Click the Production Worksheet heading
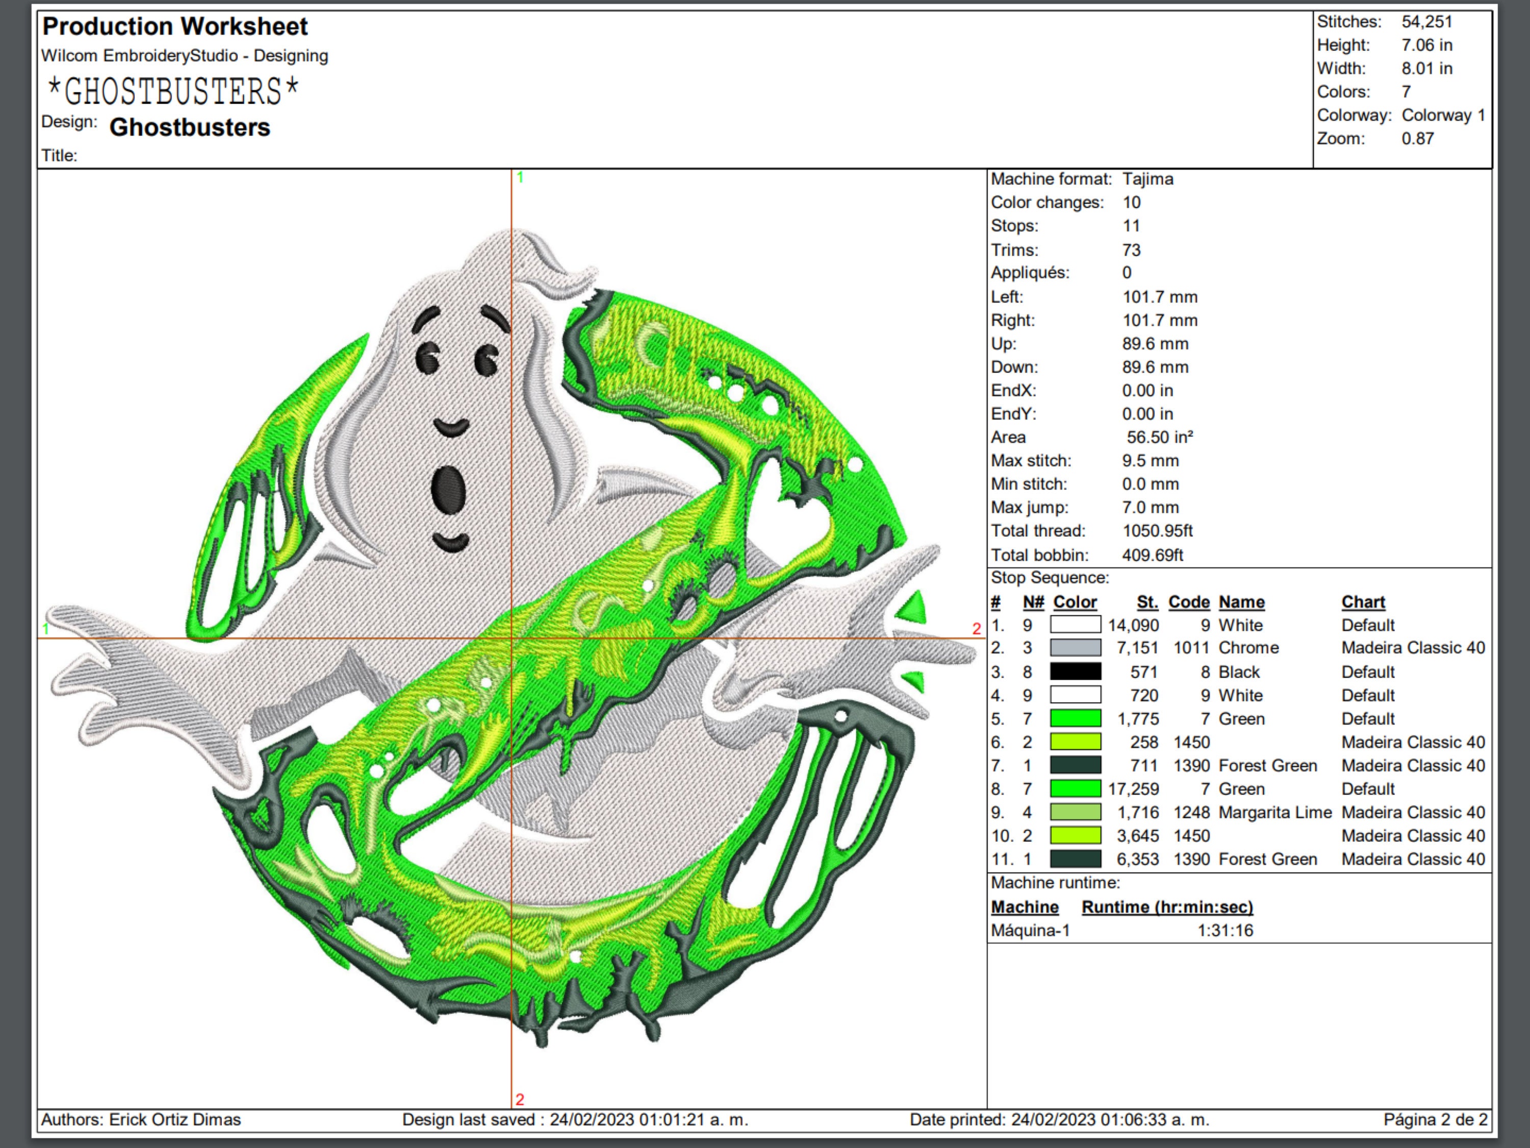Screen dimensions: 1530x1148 point(175,27)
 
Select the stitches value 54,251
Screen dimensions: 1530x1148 point(1426,21)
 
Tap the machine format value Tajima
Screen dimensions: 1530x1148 point(1147,179)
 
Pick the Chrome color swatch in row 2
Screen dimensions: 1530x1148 point(1076,647)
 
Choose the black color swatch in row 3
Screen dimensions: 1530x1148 point(1076,671)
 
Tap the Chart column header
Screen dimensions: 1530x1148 point(1363,602)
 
